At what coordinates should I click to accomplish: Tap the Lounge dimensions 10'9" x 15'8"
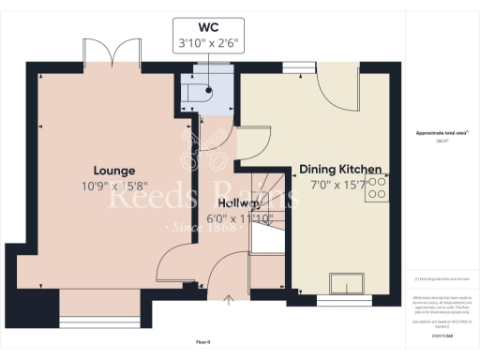click(113, 186)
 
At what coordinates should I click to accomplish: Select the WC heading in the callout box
click(207, 25)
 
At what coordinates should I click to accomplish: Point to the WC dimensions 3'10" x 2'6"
click(207, 41)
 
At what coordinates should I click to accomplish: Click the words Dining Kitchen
click(340, 170)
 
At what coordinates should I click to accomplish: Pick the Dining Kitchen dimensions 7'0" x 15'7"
click(340, 186)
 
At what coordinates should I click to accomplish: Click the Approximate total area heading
click(442, 133)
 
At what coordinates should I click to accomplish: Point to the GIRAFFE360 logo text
click(442, 334)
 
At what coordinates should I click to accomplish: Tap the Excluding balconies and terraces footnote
click(442, 279)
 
